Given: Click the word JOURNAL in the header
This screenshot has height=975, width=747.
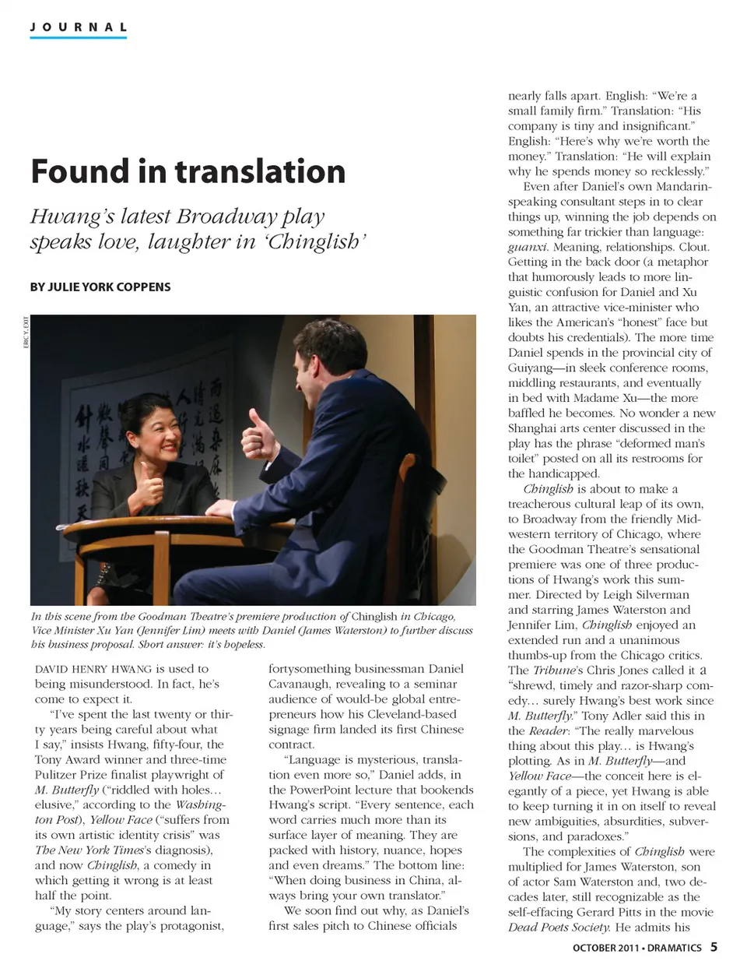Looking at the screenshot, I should click(78, 27).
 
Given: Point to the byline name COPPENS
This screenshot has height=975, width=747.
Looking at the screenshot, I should click(146, 287).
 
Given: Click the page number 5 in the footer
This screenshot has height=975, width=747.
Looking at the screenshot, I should click(714, 948).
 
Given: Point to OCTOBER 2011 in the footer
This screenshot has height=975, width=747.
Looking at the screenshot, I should click(606, 948).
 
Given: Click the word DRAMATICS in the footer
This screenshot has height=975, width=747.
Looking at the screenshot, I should click(674, 948).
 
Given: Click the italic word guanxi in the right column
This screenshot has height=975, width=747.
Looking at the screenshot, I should click(527, 247).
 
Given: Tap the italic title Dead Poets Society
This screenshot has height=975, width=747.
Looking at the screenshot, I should click(559, 927).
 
